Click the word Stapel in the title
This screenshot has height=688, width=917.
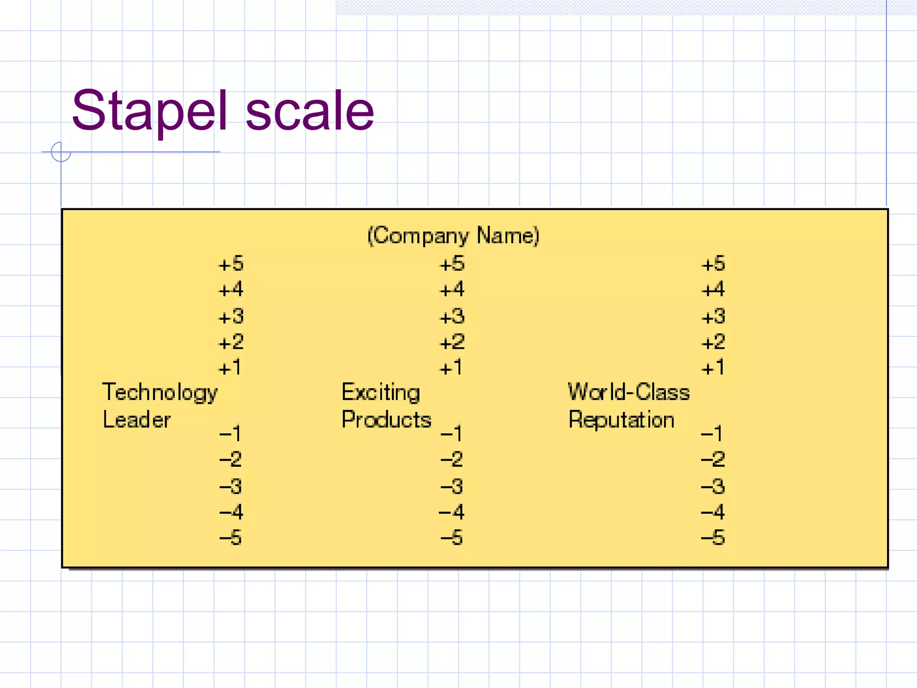point(150,111)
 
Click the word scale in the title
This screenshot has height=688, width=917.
point(309,111)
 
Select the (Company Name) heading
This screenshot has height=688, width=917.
point(453,236)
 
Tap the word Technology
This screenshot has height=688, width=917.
point(160,393)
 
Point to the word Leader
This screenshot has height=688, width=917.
point(137,420)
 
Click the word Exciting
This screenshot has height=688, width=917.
point(381,393)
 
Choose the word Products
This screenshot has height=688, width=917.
point(386,420)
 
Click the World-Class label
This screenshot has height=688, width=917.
point(629,392)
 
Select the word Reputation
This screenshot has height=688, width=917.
point(621,420)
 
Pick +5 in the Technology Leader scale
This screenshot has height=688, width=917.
point(231,264)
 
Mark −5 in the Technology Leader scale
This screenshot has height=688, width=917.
point(231,537)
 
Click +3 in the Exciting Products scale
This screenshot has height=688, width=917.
point(452,317)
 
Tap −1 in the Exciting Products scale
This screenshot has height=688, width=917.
point(451,433)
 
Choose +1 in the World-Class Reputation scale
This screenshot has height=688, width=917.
point(712,368)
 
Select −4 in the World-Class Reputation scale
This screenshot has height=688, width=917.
point(712,512)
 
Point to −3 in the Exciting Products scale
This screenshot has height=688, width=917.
point(451,486)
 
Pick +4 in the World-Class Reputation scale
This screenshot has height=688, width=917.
point(713,289)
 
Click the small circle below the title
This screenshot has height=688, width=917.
point(61,152)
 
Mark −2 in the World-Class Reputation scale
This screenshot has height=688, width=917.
point(712,459)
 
